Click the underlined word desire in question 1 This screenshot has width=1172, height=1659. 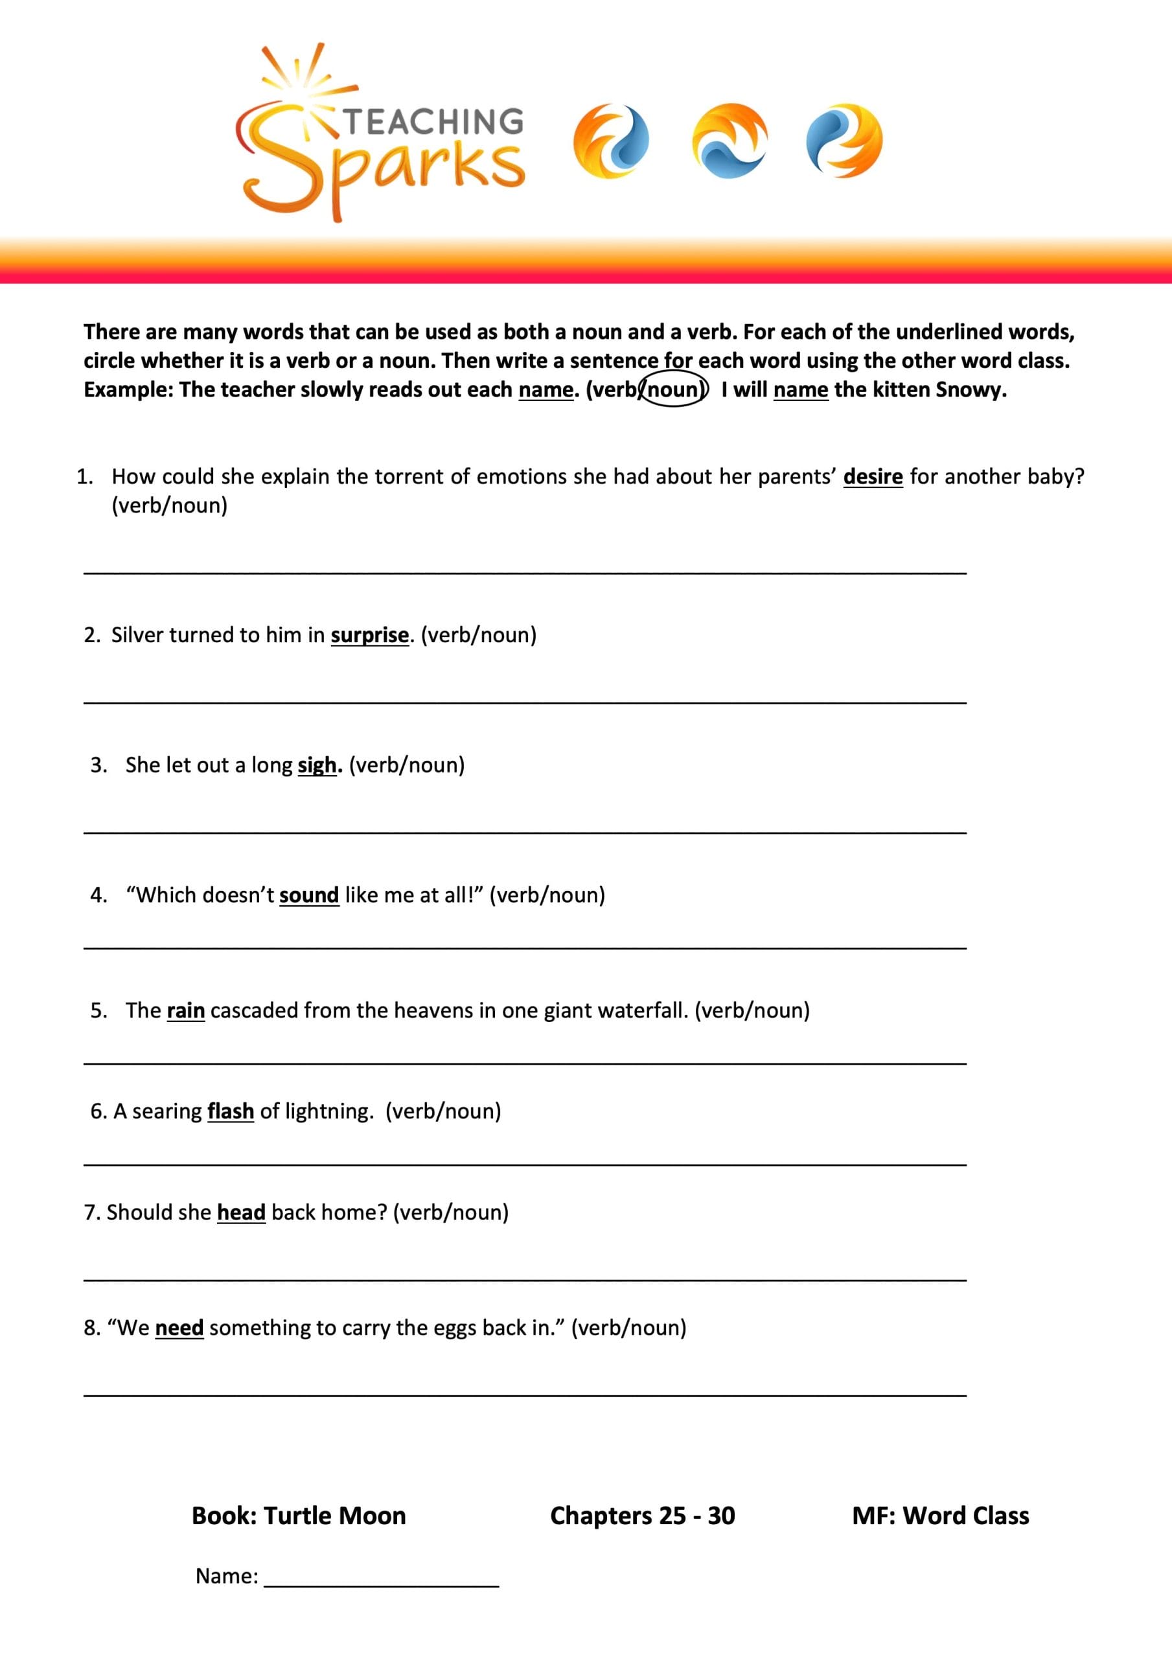click(872, 477)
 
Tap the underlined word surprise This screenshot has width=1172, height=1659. click(369, 635)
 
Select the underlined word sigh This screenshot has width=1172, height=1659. click(316, 765)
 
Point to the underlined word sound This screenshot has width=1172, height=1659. click(308, 895)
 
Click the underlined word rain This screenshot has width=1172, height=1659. click(186, 1010)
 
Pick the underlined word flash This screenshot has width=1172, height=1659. click(231, 1111)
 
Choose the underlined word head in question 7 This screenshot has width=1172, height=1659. click(242, 1212)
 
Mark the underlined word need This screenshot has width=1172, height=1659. click(179, 1328)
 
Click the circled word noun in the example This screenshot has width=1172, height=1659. click(673, 390)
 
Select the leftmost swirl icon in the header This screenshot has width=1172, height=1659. click(610, 141)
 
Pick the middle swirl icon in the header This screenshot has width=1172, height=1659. click(729, 141)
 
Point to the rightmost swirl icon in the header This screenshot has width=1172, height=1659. click(844, 141)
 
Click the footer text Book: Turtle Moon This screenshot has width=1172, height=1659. click(299, 1516)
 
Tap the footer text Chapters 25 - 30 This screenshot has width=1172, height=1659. click(642, 1516)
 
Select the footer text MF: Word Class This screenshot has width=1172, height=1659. click(940, 1516)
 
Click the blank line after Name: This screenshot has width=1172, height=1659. click(381, 1577)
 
